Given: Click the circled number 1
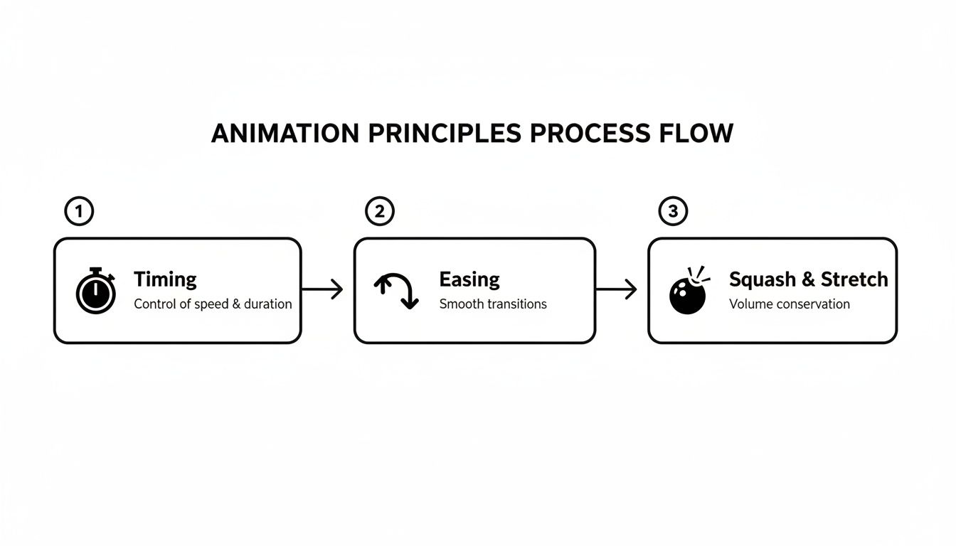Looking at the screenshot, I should (x=79, y=211).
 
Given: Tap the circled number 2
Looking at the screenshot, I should (x=379, y=211).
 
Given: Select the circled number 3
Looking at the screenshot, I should (x=673, y=211).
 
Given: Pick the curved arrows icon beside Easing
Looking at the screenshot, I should (x=396, y=290).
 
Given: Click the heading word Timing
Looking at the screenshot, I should (x=165, y=279).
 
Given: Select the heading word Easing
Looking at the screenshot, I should (x=469, y=279).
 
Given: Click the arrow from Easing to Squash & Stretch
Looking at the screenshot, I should (x=616, y=289).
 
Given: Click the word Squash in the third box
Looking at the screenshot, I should (x=762, y=279).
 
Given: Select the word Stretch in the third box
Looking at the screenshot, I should (x=854, y=279).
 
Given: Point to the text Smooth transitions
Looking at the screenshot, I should (x=493, y=304).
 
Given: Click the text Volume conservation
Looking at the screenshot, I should (x=790, y=304).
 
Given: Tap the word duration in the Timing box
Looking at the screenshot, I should (x=267, y=304).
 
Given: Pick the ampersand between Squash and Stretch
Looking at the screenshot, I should (x=808, y=279).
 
